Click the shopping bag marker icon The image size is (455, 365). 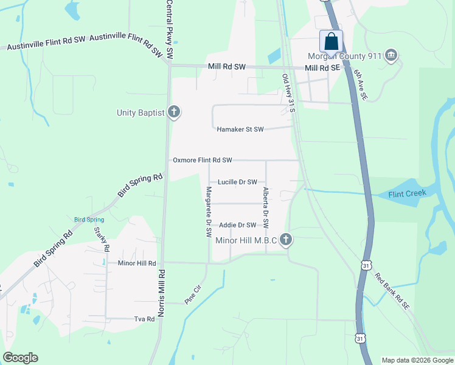pos(331,41)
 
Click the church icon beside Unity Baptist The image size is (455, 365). pos(174,113)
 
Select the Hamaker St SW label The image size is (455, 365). pos(240,129)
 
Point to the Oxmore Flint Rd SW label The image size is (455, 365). pos(203,160)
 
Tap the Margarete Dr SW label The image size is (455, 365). pos(208,211)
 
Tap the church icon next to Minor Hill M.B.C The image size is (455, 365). pos(286,240)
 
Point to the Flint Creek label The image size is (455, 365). pos(408,195)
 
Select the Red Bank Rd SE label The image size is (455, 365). pos(393,290)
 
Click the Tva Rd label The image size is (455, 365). pos(144,319)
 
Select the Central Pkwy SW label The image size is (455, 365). pos(170,30)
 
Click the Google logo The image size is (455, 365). pos(20,358)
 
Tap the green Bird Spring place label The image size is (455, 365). pos(89,220)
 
